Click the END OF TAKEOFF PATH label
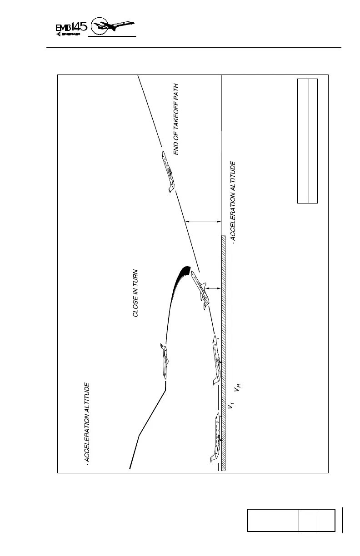[x=176, y=119]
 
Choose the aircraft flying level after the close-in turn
[x=164, y=361]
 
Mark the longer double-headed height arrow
[x=203, y=222]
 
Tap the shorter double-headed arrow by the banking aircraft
[x=213, y=287]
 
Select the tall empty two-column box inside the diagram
[x=307, y=140]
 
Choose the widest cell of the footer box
[x=273, y=520]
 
